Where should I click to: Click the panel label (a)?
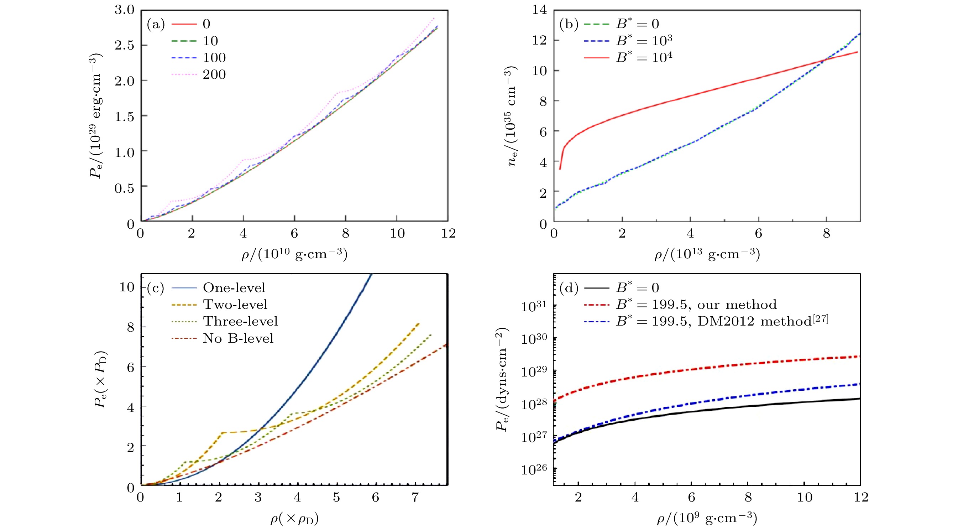(x=155, y=25)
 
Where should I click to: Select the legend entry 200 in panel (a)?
(x=214, y=74)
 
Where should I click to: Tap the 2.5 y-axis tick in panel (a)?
(x=124, y=45)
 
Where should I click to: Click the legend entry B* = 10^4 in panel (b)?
(x=644, y=57)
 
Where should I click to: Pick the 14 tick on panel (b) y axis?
(x=539, y=10)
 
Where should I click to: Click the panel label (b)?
(x=569, y=25)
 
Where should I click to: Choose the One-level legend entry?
(x=234, y=287)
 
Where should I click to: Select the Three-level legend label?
(x=240, y=321)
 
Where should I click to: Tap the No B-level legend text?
(x=238, y=338)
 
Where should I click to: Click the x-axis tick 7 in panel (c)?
(x=415, y=497)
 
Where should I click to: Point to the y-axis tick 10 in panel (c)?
(x=126, y=287)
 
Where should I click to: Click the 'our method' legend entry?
(x=696, y=304)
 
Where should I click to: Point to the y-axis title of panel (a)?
(x=95, y=116)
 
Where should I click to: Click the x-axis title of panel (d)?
(x=707, y=518)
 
